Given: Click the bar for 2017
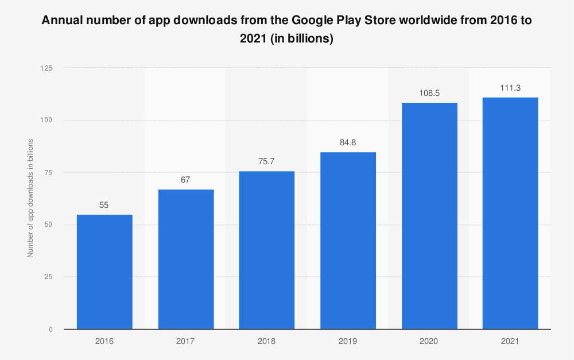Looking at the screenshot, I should (x=186, y=259).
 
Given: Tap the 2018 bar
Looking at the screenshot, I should (x=267, y=250).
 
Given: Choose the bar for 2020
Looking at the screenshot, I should (x=429, y=215).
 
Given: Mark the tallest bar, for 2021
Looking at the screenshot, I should (x=510, y=213).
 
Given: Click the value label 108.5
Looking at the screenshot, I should (x=429, y=92).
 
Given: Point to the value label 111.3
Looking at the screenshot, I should (x=510, y=88).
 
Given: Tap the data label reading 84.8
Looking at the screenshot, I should (x=348, y=142).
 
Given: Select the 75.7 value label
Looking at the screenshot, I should (x=267, y=161).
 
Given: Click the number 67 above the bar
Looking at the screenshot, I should (x=185, y=180).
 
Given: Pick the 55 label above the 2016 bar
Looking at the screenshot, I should (x=104, y=204).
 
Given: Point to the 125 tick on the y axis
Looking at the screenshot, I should (x=46, y=68).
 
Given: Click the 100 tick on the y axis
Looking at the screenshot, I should (x=46, y=120).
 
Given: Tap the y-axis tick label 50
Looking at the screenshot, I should (x=48, y=224).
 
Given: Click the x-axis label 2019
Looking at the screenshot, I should (x=348, y=341).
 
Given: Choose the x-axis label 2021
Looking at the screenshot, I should (x=510, y=341).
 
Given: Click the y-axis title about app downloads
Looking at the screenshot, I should (x=30, y=198).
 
